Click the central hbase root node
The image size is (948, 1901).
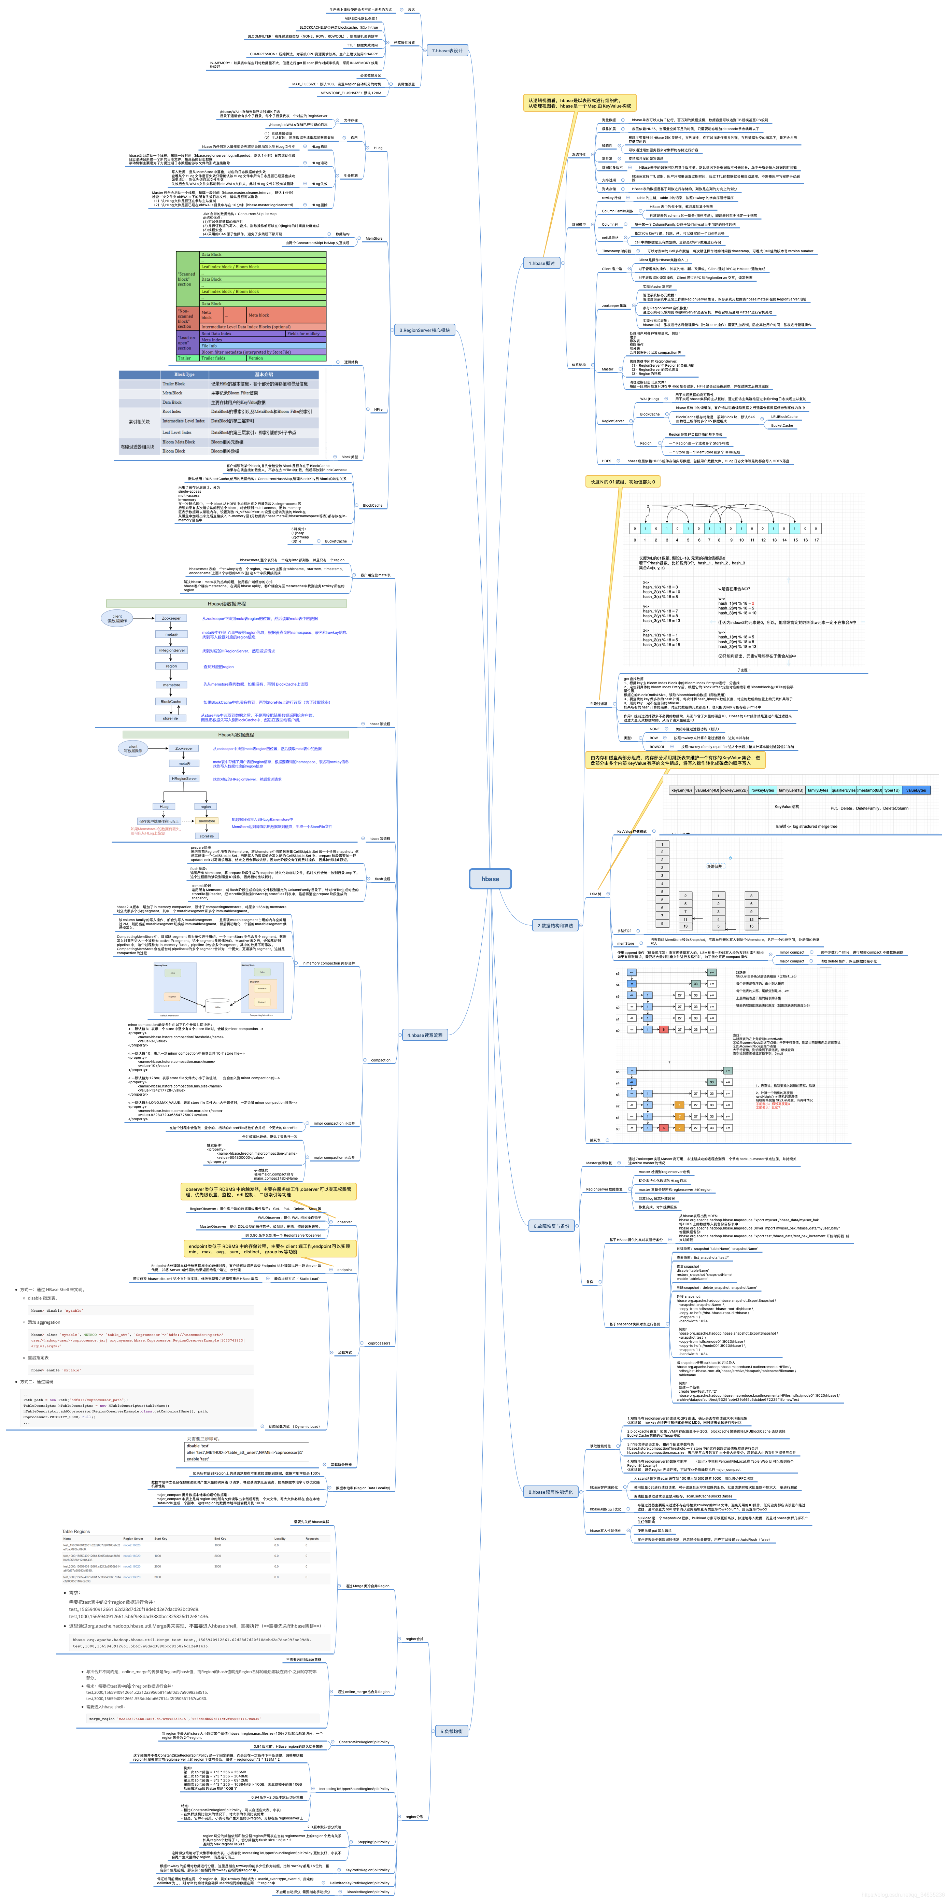[490, 878]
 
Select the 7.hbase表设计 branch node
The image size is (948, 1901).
[447, 50]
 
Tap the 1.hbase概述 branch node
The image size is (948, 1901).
[541, 263]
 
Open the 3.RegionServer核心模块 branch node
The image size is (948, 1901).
[425, 330]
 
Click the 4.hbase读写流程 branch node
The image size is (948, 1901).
[425, 1034]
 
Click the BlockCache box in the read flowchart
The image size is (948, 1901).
[171, 701]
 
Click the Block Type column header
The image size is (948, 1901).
[184, 374]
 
